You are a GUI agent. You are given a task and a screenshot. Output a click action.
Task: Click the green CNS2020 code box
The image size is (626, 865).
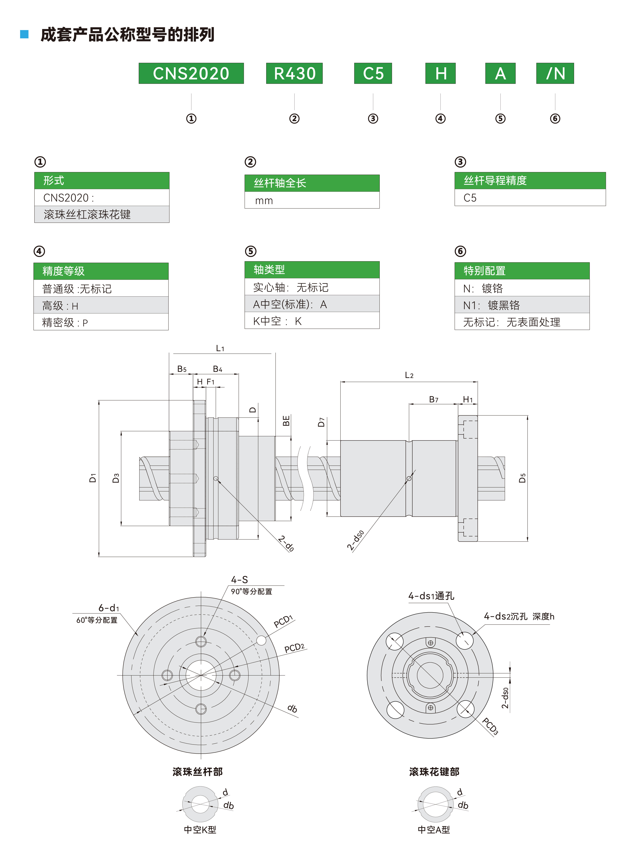pos(191,73)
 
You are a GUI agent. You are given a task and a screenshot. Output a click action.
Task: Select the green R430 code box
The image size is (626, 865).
pos(294,73)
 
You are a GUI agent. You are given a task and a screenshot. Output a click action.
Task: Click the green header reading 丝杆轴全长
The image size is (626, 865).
pos(312,183)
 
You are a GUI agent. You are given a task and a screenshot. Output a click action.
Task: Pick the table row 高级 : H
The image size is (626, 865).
pos(101,306)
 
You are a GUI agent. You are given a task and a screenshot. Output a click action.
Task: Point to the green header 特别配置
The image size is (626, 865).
pos(522,271)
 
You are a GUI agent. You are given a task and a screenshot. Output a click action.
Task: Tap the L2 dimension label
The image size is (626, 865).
pos(409,375)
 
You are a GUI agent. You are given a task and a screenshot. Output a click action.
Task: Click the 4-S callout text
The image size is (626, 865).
pos(239,580)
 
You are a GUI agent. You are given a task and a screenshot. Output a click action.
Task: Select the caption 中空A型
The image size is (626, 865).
pos(434,829)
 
